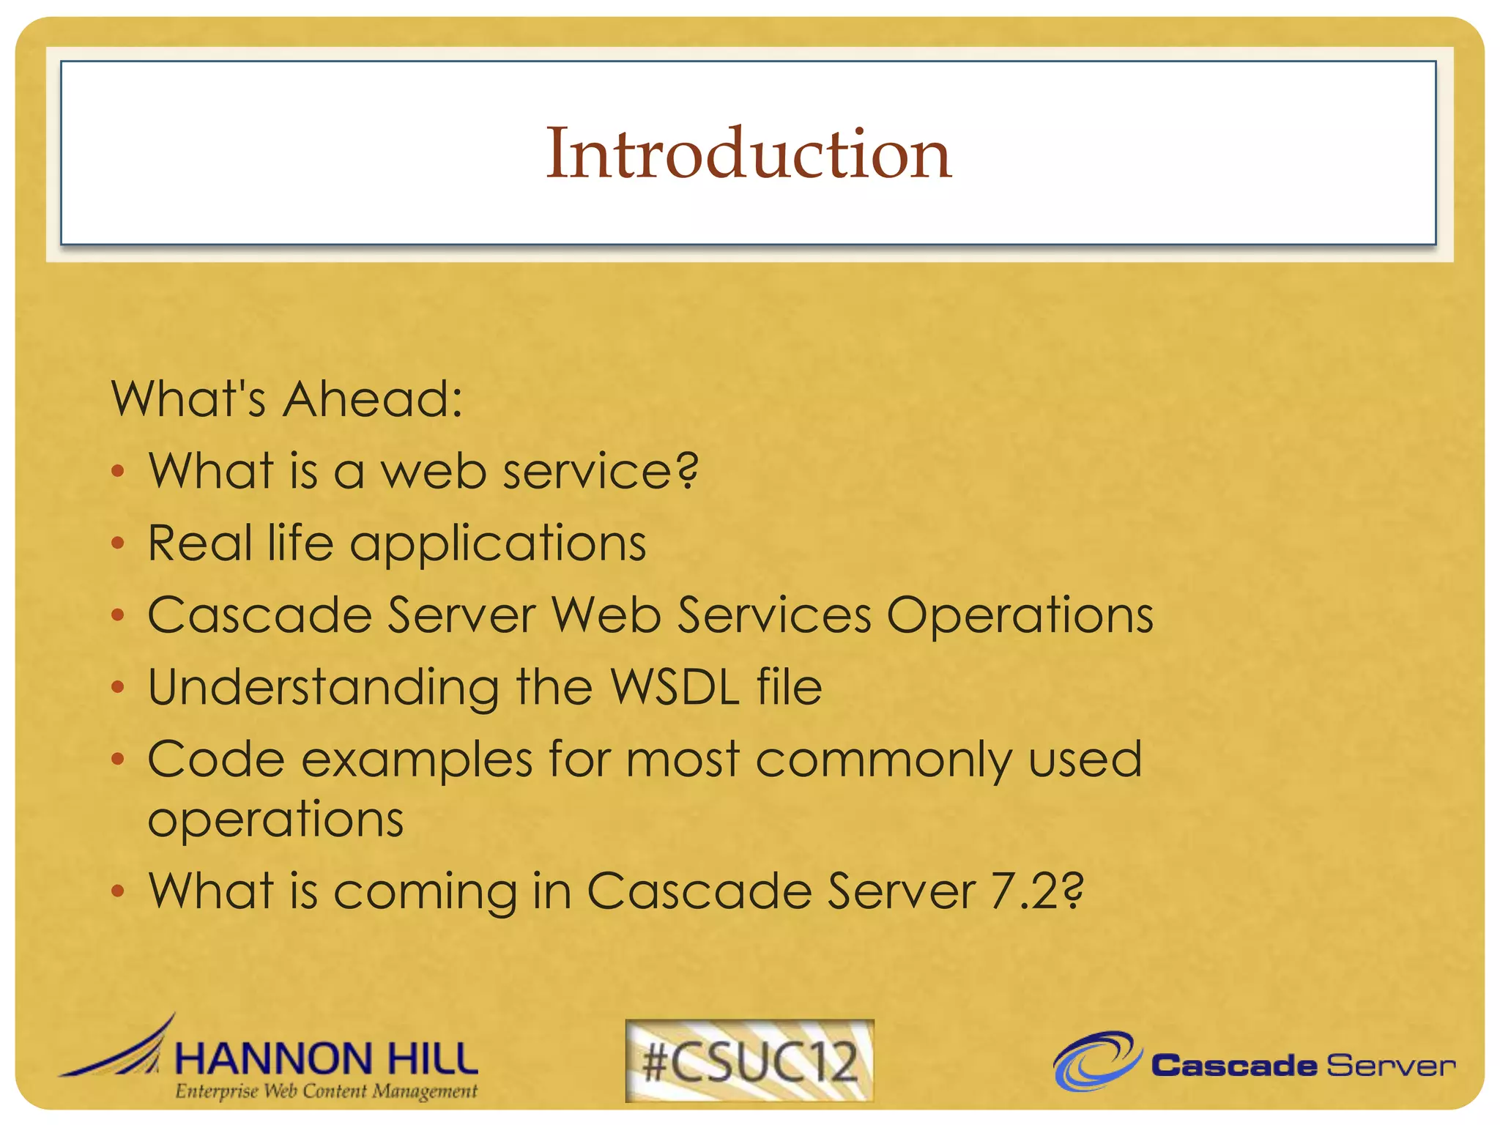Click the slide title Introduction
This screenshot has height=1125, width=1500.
tap(749, 153)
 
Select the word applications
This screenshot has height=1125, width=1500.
tap(498, 544)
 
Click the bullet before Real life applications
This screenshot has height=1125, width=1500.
tap(118, 543)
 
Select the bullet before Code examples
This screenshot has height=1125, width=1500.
tap(118, 760)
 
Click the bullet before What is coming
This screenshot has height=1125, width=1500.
tap(118, 891)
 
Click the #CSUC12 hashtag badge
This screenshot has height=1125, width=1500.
tap(749, 1061)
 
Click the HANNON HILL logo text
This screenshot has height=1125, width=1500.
tap(327, 1059)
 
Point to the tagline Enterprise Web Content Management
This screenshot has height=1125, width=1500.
tap(327, 1091)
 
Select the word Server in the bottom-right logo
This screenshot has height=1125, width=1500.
tap(1390, 1066)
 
